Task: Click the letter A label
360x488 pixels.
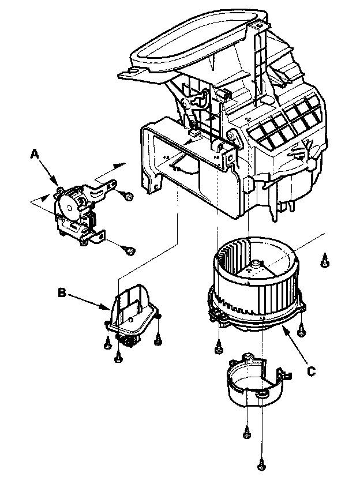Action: click(x=35, y=153)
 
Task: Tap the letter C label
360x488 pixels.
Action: click(x=312, y=371)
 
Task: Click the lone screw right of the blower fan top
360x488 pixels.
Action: click(x=325, y=261)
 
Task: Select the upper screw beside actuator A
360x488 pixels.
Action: click(x=128, y=196)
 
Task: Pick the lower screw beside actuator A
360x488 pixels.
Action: click(x=131, y=251)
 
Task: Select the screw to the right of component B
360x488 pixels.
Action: click(x=158, y=341)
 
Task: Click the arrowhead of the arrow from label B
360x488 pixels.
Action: click(x=106, y=306)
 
